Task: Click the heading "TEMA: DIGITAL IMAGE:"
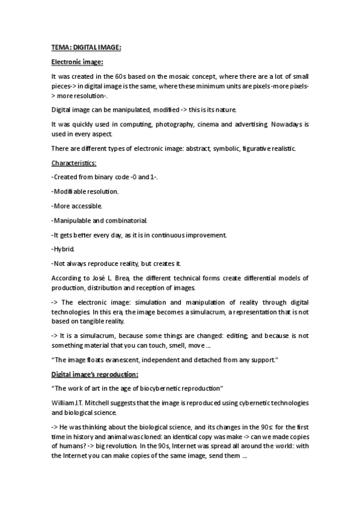click(85, 48)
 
